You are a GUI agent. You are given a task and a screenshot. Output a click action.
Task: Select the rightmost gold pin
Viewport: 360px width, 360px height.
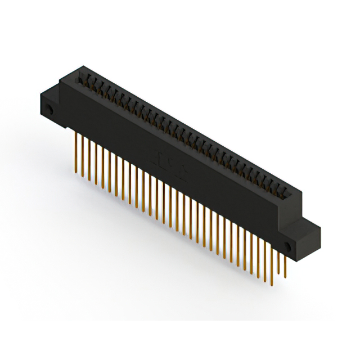pos(285,264)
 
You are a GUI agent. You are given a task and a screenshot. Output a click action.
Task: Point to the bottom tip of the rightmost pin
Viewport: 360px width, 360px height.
pos(285,277)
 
